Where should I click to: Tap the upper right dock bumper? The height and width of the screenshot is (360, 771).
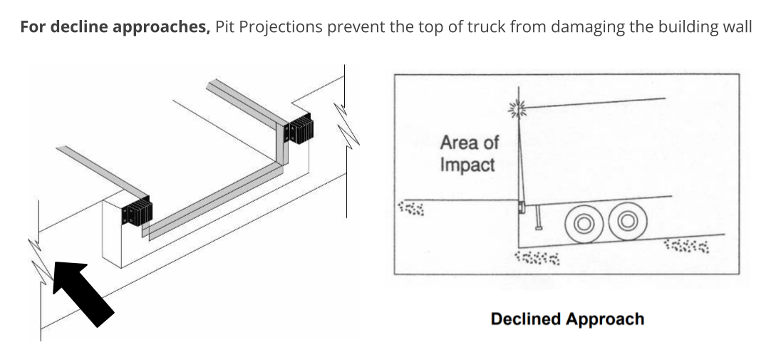[299, 130]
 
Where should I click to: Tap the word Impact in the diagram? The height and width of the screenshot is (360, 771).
[467, 165]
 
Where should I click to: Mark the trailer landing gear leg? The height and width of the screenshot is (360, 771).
[539, 217]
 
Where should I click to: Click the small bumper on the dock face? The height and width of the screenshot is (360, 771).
[522, 207]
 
